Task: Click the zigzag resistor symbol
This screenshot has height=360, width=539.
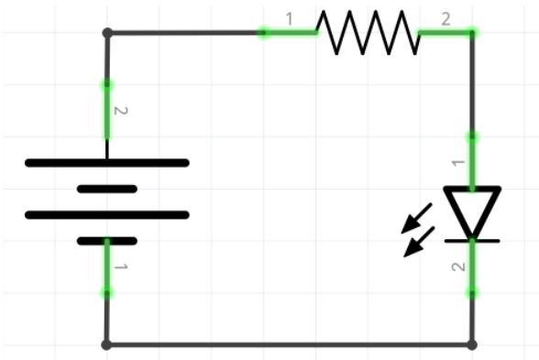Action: click(368, 32)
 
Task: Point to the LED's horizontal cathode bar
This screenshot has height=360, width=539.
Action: click(472, 240)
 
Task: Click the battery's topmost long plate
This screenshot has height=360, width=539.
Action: click(107, 163)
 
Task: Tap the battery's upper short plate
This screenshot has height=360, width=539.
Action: click(107, 189)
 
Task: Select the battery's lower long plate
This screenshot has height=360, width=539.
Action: click(107, 215)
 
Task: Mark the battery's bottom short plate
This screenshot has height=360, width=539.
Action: click(107, 241)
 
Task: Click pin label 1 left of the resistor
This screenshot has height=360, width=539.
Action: click(290, 18)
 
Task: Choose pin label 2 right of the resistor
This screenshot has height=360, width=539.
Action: click(445, 18)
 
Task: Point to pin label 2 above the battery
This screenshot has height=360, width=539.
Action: click(121, 112)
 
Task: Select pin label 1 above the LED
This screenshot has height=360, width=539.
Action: click(459, 163)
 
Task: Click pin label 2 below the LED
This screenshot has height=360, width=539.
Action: click(459, 267)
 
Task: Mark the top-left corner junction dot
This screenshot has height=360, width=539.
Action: click(107, 33)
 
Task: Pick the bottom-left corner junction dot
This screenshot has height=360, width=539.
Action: click(106, 344)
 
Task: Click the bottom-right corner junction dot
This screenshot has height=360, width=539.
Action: click(472, 344)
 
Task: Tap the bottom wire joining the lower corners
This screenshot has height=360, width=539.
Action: click(289, 344)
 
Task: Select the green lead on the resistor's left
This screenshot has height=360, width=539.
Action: click(290, 33)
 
